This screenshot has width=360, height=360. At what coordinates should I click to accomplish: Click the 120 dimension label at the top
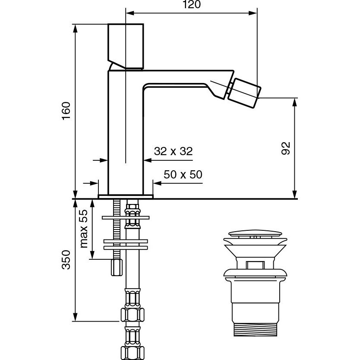click(x=192, y=4)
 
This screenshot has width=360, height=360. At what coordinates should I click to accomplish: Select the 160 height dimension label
click(x=66, y=111)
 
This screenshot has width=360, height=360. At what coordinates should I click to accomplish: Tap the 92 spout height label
click(x=286, y=148)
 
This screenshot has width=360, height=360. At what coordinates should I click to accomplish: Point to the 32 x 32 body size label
click(x=174, y=151)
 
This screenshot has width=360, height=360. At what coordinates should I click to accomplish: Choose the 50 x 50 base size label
click(x=183, y=175)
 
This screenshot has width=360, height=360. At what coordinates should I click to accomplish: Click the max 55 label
click(x=84, y=229)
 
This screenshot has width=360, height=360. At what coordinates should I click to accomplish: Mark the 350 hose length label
click(x=66, y=260)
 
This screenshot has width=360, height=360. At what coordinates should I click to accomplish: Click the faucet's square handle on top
click(x=126, y=46)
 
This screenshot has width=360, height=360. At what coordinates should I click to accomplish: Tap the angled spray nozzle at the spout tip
click(x=244, y=93)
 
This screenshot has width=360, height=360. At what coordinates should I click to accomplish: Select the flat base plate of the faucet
click(x=126, y=197)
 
